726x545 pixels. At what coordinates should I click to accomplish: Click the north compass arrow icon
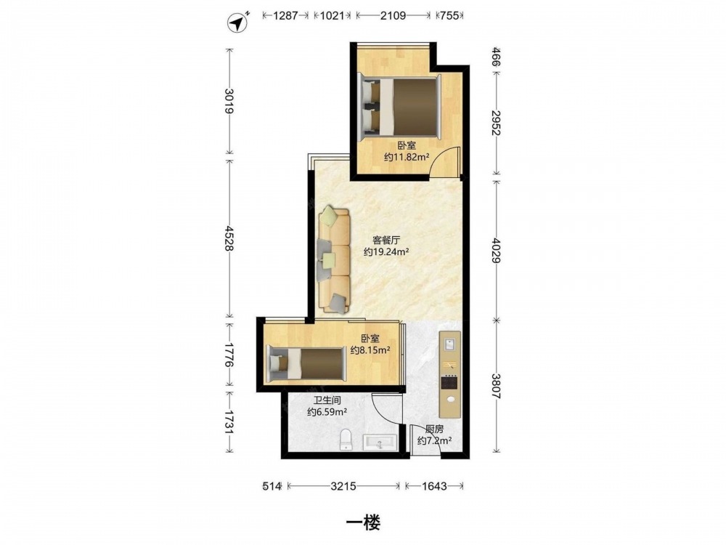point(238,23)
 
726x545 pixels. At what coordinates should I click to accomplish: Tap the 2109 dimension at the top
point(393,16)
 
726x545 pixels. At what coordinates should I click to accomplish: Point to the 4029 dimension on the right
point(497,250)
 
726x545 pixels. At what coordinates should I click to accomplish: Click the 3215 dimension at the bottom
point(343,485)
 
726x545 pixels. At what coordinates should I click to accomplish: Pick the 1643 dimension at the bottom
point(434,485)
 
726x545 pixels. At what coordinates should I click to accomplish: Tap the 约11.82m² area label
point(406,157)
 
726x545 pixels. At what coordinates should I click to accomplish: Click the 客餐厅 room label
point(386,240)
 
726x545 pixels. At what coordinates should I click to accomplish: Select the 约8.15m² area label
point(370,350)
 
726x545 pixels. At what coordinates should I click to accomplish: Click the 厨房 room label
point(434,429)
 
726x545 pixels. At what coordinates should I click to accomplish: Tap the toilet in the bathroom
point(346,440)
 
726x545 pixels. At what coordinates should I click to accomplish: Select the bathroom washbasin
point(380,443)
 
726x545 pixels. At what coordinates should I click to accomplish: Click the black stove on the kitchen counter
point(449,383)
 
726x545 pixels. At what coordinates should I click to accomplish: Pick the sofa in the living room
point(333,260)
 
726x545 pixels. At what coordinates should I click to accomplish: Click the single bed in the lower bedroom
point(307,364)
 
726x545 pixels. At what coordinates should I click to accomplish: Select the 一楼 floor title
point(364,522)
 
